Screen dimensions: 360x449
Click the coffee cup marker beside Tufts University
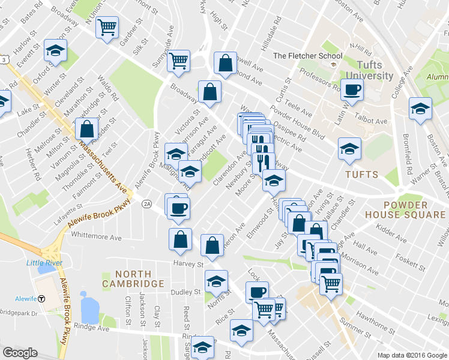tap(352, 91)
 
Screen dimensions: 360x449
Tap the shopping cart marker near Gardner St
tap(107, 27)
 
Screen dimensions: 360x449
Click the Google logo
tap(20, 353)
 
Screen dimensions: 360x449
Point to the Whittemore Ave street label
tap(95, 238)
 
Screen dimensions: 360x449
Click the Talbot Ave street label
tap(372, 121)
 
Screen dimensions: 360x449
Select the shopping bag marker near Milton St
tap(87, 129)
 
